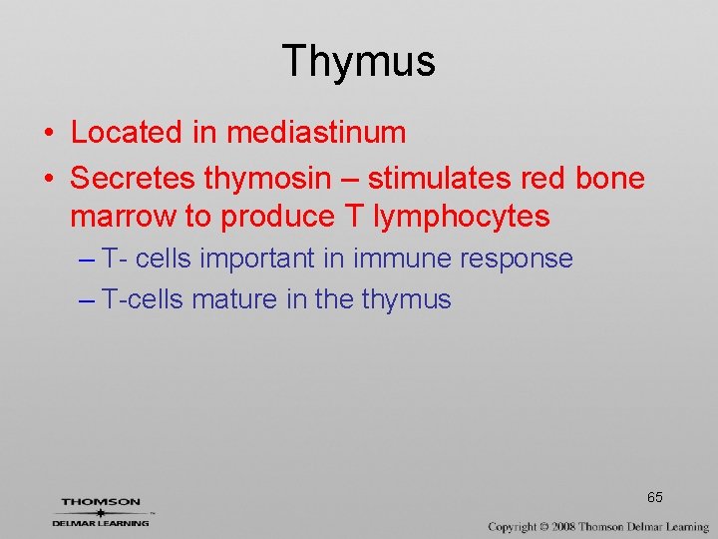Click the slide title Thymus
[x=359, y=61]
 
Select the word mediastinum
[x=316, y=132]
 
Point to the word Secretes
[x=133, y=179]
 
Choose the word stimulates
[x=448, y=179]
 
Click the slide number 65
[x=655, y=497]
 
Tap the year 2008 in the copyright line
[x=567, y=526]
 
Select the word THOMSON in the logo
[x=101, y=502]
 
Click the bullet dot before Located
[x=49, y=133]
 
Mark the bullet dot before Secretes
[x=49, y=180]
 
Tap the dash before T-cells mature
[x=86, y=299]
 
